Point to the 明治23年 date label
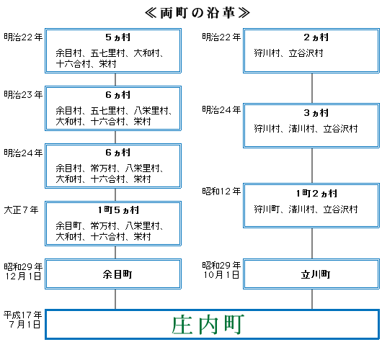(22, 94)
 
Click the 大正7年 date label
(22, 210)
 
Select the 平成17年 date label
(22, 315)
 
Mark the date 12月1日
(22, 276)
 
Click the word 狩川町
(267, 209)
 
